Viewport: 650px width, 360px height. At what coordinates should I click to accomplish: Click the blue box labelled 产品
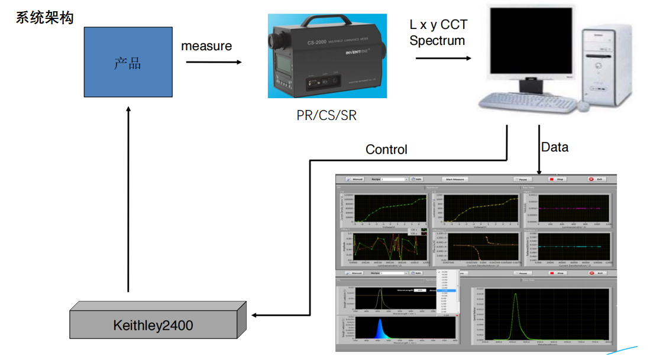[128, 62]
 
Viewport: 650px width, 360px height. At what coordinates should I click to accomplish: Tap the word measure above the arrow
[206, 46]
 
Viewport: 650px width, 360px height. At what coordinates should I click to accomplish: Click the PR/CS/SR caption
[326, 115]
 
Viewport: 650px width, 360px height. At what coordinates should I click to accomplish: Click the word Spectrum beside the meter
[437, 41]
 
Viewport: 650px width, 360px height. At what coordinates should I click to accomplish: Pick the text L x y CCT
[438, 25]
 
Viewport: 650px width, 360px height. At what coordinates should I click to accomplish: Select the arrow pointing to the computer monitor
[444, 58]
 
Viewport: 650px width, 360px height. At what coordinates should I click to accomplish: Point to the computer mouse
[583, 106]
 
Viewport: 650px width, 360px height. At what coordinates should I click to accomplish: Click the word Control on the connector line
[386, 150]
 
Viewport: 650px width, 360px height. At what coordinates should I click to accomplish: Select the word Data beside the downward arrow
[555, 147]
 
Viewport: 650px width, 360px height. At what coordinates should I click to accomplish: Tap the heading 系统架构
[45, 18]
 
